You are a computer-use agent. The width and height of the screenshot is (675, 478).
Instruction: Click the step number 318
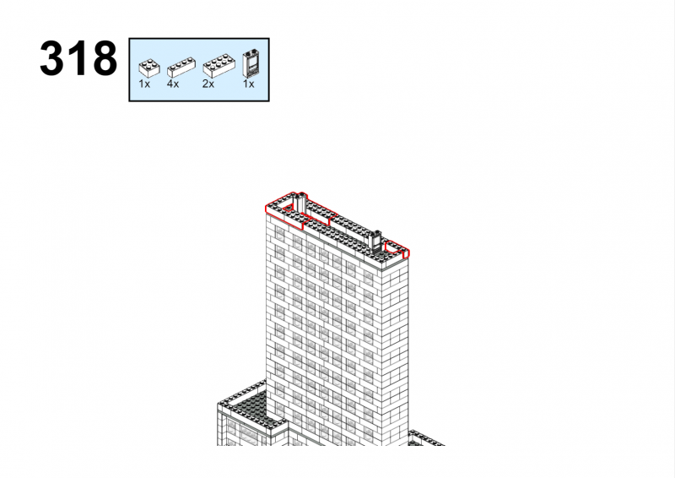[x=78, y=58]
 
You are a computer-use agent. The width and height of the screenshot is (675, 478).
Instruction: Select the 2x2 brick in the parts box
[x=149, y=68]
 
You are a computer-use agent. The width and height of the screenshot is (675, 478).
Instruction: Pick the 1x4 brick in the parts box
[x=181, y=67]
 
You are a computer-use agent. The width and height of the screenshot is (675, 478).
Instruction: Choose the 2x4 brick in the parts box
[x=219, y=66]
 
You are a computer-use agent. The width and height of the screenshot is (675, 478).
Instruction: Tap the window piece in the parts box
[x=251, y=63]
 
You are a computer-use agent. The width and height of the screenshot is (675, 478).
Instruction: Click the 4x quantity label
[x=173, y=84]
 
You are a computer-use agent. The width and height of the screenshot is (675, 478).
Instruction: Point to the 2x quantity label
[x=208, y=84]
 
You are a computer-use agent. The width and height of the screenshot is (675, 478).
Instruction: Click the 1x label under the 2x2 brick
[x=144, y=84]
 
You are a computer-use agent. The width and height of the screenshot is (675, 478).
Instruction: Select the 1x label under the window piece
[x=248, y=84]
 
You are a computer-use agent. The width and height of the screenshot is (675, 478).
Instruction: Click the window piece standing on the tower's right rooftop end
[x=376, y=242]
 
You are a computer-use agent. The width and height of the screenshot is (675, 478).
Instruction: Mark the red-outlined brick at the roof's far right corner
[x=397, y=250]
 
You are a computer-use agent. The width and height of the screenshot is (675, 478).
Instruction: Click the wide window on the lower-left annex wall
[x=250, y=434]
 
